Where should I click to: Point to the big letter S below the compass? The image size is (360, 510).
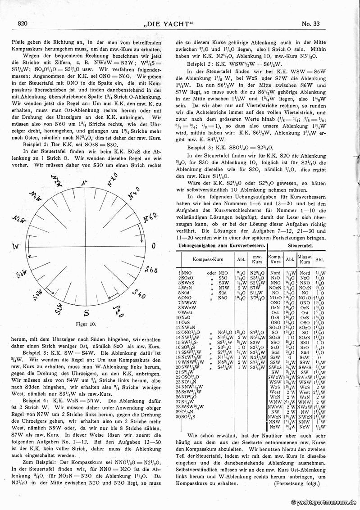click(x=87, y=311)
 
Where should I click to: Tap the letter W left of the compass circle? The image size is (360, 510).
click(x=16, y=247)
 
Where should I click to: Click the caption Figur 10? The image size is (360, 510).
click(x=86, y=324)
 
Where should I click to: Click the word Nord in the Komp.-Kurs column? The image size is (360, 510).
click(x=275, y=273)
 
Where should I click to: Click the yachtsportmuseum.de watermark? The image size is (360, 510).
click(x=324, y=502)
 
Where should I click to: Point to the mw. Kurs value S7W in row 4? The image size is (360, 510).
click(x=255, y=288)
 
